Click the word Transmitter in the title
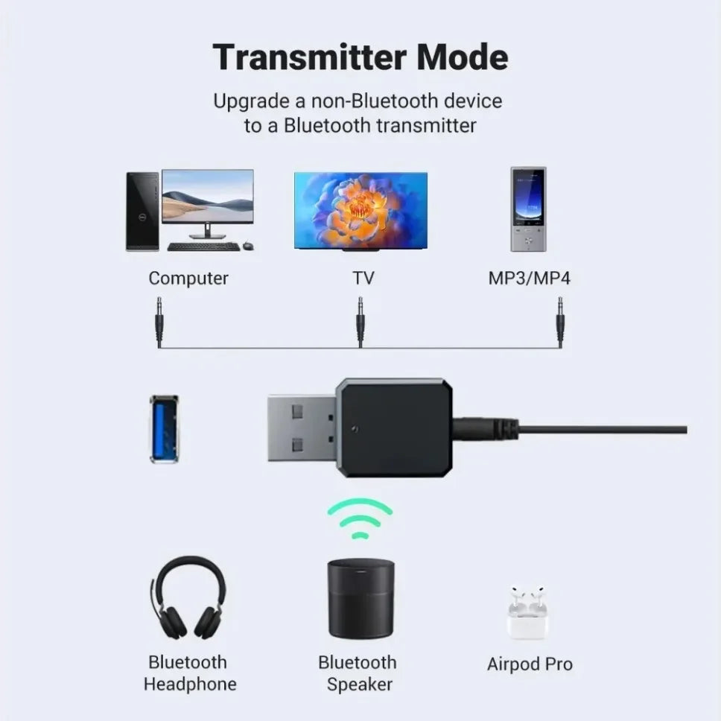pos(305,57)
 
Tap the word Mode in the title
pos(462,57)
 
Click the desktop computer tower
pos(142,212)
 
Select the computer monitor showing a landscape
pos(208,197)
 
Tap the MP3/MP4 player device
pos(528,209)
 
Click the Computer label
pos(188,279)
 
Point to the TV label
pos(363,279)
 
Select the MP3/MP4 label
pos(530,279)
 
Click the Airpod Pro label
pos(530,664)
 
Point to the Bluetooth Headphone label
pos(189,673)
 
